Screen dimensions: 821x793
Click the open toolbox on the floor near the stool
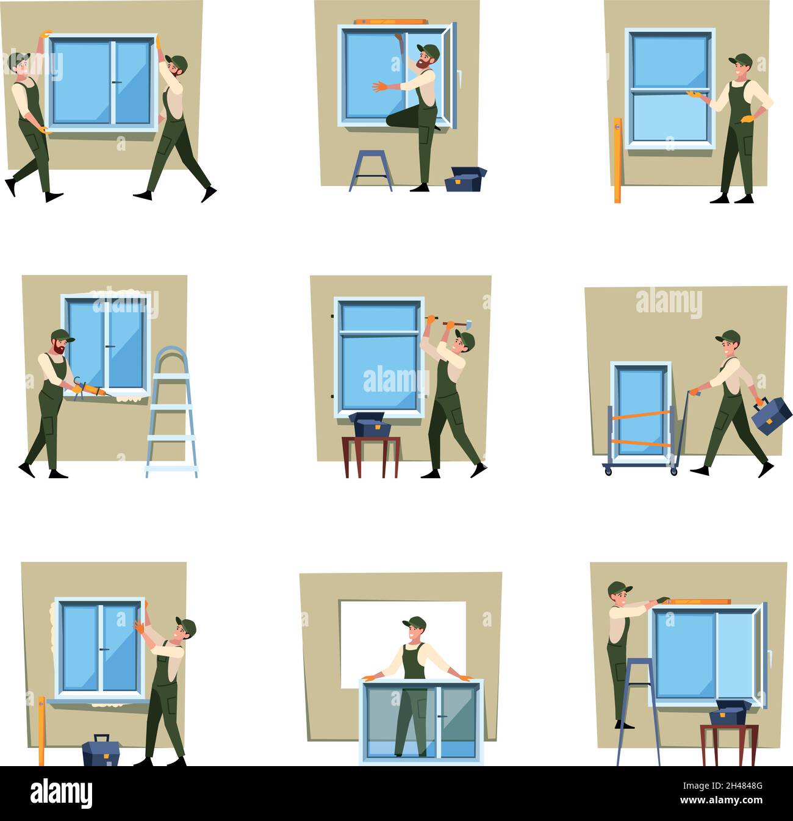pos(465,178)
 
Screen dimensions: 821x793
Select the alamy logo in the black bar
pos(62,794)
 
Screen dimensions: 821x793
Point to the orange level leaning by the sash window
pos(617,160)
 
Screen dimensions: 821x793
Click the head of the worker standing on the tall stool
pos(619,593)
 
